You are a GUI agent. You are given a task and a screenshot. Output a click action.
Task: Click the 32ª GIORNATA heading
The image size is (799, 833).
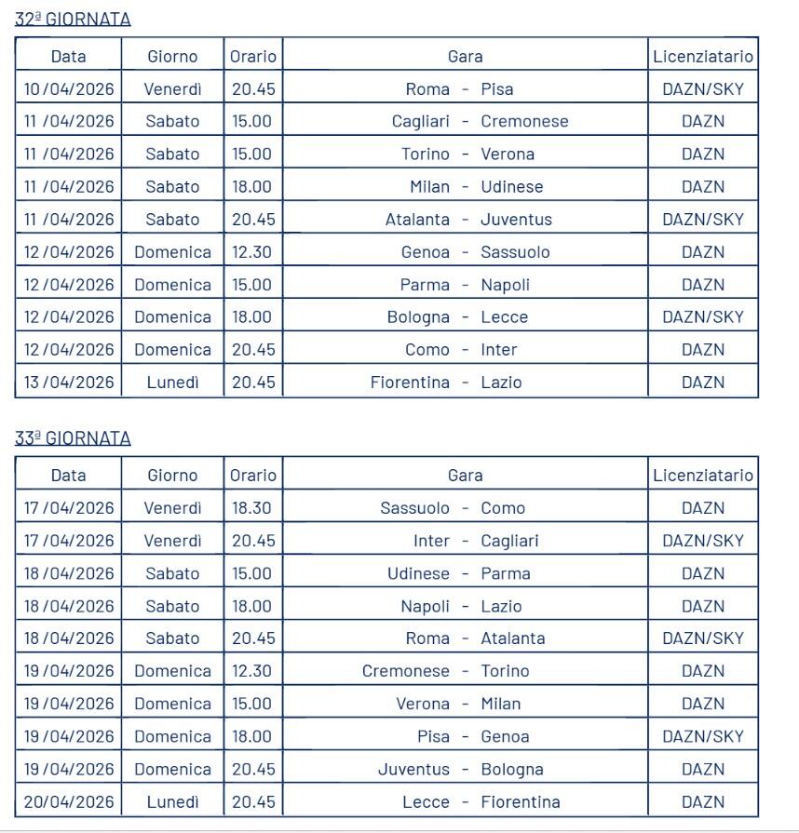pos(73,19)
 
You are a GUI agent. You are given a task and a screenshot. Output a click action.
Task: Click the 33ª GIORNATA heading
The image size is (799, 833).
pos(73,438)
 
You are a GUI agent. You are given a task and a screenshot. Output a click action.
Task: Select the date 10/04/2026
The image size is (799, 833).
pos(69,89)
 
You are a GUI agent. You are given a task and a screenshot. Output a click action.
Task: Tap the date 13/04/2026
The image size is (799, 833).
pos(69,383)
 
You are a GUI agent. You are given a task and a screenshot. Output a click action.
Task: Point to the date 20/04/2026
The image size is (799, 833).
pos(69,802)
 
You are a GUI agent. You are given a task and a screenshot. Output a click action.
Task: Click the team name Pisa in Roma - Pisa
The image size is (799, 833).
pos(497,89)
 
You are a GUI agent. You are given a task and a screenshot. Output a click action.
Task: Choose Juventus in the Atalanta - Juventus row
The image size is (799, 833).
pos(516,220)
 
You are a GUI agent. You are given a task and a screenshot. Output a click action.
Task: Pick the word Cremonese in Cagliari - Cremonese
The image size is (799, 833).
pos(524,122)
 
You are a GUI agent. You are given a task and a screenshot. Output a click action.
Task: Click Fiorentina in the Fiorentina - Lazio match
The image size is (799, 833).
pos(410,383)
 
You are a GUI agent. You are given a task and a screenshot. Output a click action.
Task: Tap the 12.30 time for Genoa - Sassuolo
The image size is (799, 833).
pos(252,252)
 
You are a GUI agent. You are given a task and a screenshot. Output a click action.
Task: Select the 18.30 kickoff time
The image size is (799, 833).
pos(252,508)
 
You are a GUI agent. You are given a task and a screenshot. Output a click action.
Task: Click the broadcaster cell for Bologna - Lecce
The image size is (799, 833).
pos(703,317)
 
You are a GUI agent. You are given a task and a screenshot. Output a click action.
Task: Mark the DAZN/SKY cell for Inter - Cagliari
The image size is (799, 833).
pos(703,541)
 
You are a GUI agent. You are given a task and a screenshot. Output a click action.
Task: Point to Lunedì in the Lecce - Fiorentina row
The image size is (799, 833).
pos(172,802)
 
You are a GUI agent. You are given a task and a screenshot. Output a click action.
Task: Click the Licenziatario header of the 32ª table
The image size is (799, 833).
pos(703,57)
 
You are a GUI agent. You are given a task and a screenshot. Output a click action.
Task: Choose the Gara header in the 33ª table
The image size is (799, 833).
pos(465,476)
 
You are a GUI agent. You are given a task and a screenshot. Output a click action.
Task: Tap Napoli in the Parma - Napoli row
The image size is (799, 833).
pos(506,285)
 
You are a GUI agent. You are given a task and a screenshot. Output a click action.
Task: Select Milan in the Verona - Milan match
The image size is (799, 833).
pos(501,705)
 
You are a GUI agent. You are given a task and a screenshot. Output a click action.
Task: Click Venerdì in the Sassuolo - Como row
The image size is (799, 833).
pos(172,508)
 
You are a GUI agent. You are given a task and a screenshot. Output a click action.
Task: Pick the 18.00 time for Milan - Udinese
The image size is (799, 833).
pos(252,187)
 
